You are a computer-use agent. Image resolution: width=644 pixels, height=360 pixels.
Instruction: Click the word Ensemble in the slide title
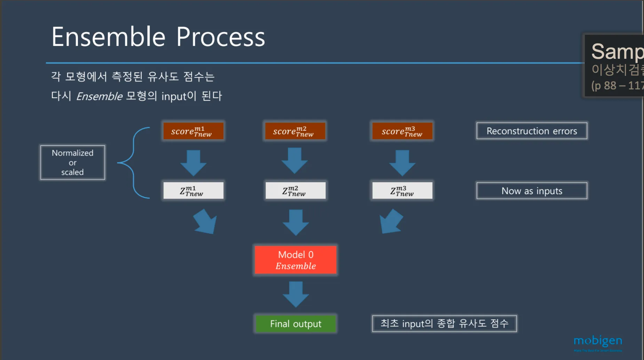point(108,37)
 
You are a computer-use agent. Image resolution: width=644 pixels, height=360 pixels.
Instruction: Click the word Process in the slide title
point(221,37)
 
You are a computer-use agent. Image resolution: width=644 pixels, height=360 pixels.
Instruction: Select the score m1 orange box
point(193,131)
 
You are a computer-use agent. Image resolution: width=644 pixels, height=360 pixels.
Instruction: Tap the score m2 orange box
point(295,131)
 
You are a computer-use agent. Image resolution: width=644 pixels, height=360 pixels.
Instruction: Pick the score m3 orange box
point(402,131)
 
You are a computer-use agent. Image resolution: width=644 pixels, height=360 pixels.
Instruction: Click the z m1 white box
point(193,191)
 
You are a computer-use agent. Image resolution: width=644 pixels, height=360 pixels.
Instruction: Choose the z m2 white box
point(295,191)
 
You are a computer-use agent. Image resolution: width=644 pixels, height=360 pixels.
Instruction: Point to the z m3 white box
point(402,191)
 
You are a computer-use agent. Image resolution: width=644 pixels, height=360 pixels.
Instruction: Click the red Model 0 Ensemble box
point(295,260)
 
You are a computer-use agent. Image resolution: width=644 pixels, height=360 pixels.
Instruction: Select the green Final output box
point(295,324)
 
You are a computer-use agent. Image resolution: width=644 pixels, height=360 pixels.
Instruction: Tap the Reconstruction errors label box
point(532,131)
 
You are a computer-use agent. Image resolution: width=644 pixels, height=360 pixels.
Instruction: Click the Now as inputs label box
point(532,191)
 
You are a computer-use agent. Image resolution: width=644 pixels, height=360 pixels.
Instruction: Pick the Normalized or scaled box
point(72,162)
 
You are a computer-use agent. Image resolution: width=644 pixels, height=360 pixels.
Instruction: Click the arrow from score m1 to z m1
point(193,162)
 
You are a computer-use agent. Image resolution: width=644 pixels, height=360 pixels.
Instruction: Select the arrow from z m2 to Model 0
point(295,222)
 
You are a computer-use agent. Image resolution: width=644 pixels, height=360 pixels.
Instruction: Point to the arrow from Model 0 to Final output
point(295,294)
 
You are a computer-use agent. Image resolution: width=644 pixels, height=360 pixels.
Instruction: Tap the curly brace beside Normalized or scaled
point(134,163)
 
